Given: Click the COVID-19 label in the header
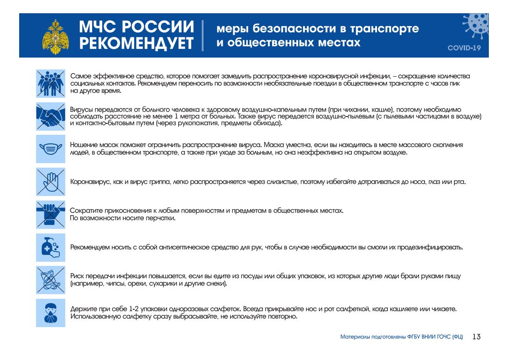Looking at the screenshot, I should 464,48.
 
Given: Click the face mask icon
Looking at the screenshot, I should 51,148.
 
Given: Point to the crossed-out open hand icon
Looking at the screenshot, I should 51,182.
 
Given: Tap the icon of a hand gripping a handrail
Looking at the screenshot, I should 51,214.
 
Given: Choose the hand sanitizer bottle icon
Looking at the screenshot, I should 51,248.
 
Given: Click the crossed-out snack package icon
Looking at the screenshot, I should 51,280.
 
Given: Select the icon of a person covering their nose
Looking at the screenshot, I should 51,312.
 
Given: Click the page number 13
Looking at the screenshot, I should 477,337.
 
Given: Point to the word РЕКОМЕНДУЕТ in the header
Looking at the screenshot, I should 136,43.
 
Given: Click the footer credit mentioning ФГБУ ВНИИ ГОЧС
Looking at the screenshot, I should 402,337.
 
